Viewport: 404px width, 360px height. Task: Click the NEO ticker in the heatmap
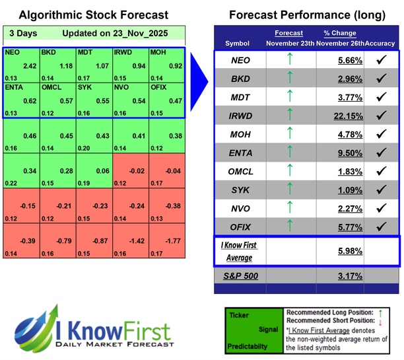[x=11, y=51]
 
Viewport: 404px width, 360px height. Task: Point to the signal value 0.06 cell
[x=94, y=171]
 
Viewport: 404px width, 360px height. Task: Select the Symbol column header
[x=238, y=43]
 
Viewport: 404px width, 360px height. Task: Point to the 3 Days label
[x=22, y=33]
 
